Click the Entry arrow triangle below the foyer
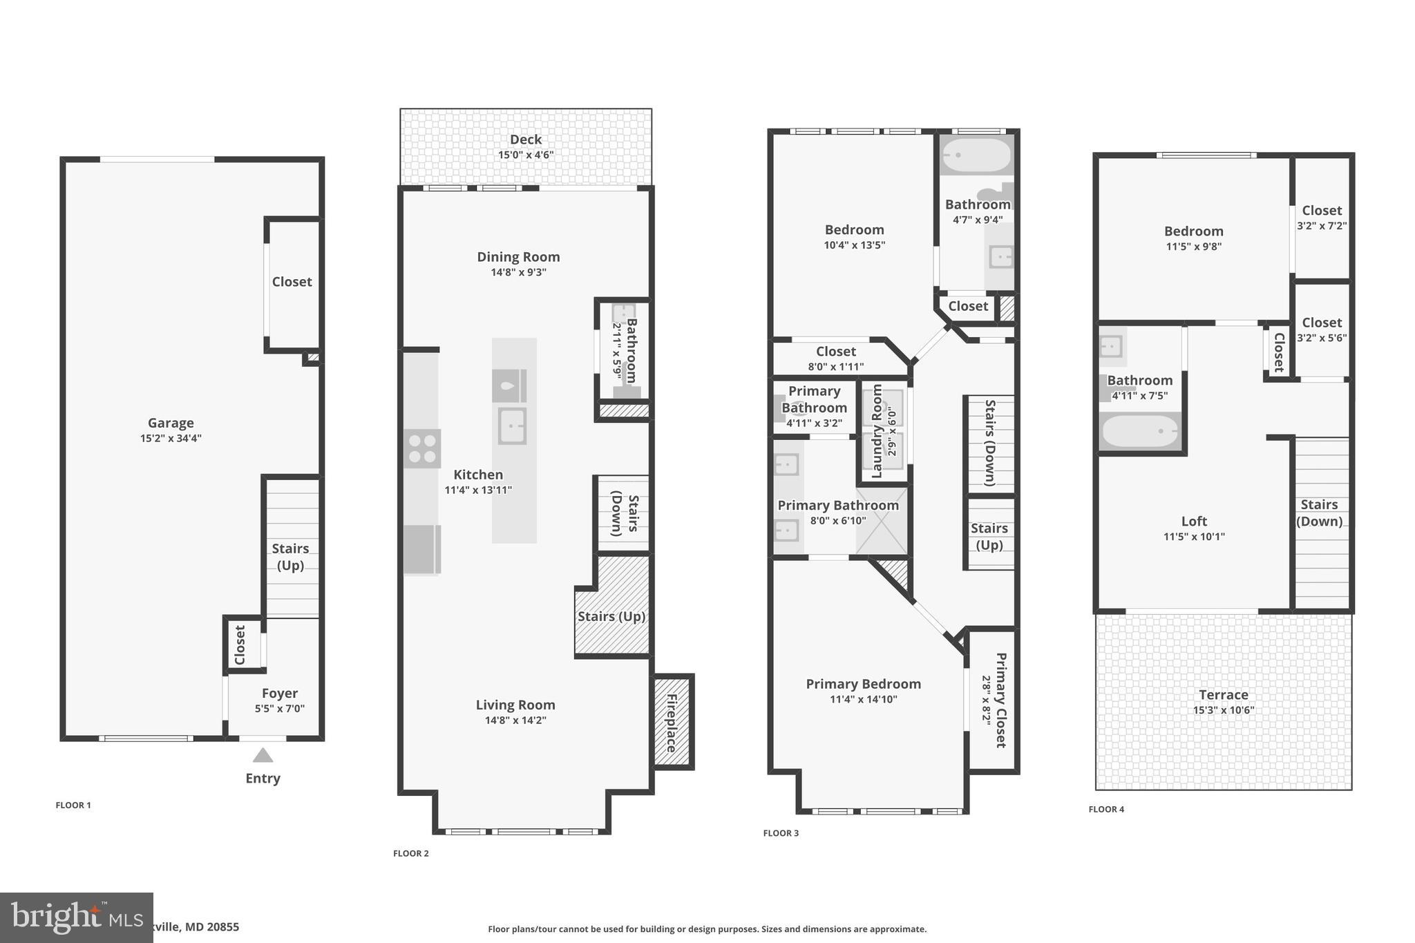[263, 755]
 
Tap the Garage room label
[171, 423]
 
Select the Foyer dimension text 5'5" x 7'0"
[279, 708]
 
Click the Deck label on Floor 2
[525, 140]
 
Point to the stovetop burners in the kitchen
[422, 448]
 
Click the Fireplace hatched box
[672, 722]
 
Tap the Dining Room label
[518, 257]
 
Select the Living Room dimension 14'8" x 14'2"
[515, 720]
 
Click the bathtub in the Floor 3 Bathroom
[976, 156]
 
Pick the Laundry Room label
[877, 431]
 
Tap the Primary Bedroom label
[863, 684]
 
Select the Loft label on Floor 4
[1194, 522]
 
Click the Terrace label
[1223, 695]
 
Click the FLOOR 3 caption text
[781, 833]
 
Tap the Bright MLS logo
[76, 917]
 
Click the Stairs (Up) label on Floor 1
[290, 556]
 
